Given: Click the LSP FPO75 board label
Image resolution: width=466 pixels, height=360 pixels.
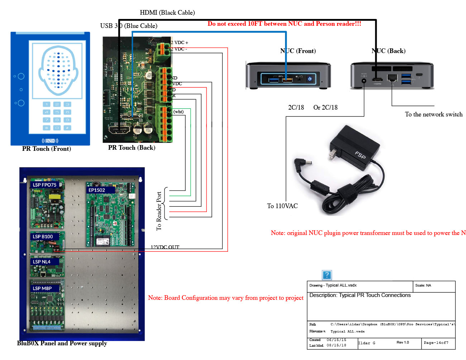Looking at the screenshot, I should (x=45, y=185).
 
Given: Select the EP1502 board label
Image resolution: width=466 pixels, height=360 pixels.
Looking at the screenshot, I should (x=97, y=190).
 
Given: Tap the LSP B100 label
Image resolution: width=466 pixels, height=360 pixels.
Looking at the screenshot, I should (x=43, y=237).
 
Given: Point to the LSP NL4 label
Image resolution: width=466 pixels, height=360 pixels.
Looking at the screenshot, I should (x=42, y=262).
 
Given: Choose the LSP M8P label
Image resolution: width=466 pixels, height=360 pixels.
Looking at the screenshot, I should (x=42, y=288).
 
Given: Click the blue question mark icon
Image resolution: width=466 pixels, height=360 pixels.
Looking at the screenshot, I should (x=327, y=275).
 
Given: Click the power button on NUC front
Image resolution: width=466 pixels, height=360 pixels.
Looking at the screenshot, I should (x=310, y=79).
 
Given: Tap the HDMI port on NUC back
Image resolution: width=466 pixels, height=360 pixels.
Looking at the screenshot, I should (x=377, y=80).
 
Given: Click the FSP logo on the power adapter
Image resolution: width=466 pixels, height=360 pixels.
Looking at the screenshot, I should (x=360, y=155).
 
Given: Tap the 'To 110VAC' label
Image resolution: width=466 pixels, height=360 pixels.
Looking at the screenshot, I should (x=282, y=206).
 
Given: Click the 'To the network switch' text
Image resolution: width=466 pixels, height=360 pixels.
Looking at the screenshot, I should (x=433, y=114).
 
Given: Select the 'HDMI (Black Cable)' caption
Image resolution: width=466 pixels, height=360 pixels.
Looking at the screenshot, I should (x=167, y=13).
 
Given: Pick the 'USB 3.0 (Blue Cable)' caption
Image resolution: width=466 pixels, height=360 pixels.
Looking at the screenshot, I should (x=129, y=26).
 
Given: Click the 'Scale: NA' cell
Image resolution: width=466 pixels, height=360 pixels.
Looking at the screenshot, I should (x=423, y=285).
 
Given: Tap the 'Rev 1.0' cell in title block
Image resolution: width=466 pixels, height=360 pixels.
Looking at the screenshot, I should (x=403, y=342).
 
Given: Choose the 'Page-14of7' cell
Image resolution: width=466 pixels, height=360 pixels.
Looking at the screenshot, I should (x=436, y=343).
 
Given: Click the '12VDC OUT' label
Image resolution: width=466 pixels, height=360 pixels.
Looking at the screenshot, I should (x=165, y=247).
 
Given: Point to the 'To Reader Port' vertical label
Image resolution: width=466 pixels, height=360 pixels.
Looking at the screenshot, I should (x=159, y=211).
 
